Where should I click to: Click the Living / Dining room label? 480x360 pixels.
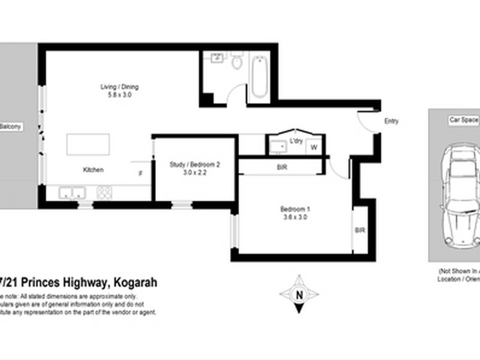click(x=119, y=87)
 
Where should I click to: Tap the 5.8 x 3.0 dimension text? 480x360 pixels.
click(x=119, y=95)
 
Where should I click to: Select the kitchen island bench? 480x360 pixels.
click(x=88, y=145)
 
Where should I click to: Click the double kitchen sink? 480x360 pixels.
click(x=72, y=193)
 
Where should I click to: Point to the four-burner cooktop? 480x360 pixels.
click(x=104, y=193)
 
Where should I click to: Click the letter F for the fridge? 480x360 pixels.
click(x=140, y=173)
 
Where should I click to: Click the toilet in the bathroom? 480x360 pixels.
click(x=237, y=61)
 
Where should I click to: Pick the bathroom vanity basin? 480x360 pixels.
click(x=217, y=58)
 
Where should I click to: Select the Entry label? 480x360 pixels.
click(x=391, y=122)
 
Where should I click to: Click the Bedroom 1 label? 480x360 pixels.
click(x=295, y=209)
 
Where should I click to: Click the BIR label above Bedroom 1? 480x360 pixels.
click(x=282, y=168)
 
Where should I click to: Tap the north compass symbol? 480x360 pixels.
click(x=299, y=294)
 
